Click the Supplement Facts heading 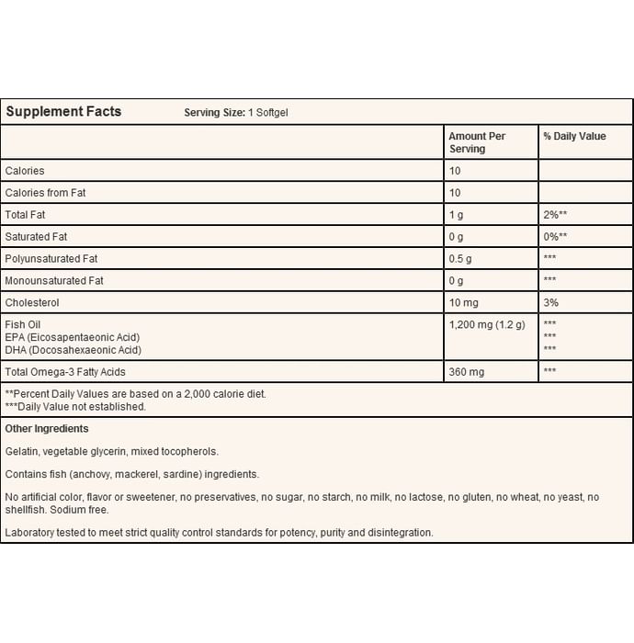coord(63,112)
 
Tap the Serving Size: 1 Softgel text coord(237,113)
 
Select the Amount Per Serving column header coord(477,142)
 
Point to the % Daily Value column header coord(574,137)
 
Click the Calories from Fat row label coord(45,193)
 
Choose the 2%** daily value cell coord(556,215)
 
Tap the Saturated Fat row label coord(37,236)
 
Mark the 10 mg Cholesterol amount coord(465,302)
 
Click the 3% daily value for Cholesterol coord(551,302)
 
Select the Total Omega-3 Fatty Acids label coord(64,371)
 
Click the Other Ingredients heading coord(47,429)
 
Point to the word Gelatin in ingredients coord(22,451)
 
